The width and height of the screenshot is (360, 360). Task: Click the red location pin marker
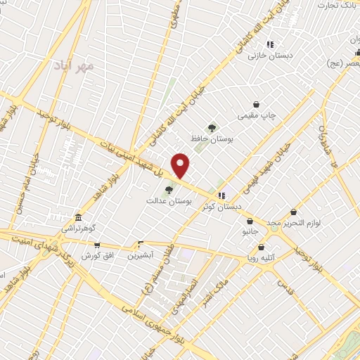[x=181, y=165]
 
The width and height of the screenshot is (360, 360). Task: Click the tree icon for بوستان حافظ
[x=212, y=127]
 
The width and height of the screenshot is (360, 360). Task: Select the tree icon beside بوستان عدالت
[x=168, y=189]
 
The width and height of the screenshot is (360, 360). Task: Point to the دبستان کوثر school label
[x=221, y=207]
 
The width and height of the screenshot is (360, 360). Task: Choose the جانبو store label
[x=251, y=231]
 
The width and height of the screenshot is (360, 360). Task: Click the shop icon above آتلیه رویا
[x=262, y=247]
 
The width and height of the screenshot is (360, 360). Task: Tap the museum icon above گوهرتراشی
[x=77, y=217]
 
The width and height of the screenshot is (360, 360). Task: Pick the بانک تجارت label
[x=337, y=6]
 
